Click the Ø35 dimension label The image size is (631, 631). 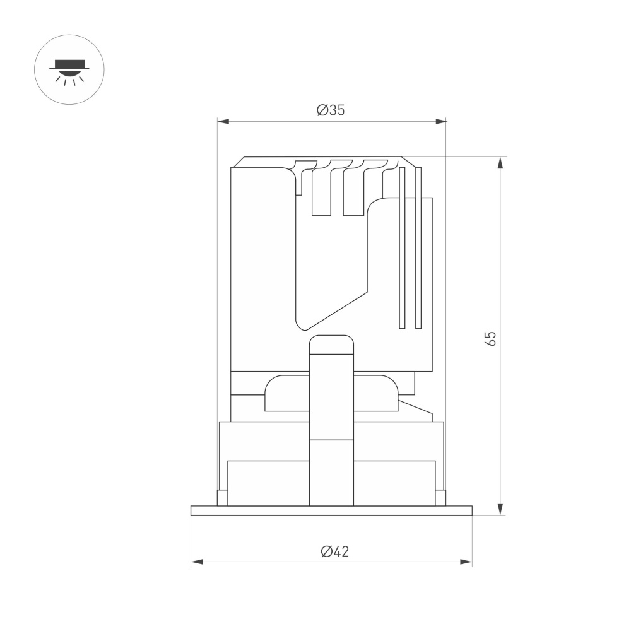(x=331, y=110)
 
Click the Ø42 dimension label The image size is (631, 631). (x=335, y=551)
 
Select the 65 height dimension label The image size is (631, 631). (x=490, y=338)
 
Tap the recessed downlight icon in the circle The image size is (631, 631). (x=69, y=73)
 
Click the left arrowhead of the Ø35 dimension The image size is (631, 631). (x=223, y=122)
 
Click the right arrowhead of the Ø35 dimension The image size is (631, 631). (x=440, y=122)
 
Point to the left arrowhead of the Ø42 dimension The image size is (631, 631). (x=197, y=562)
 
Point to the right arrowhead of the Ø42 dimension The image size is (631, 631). (x=466, y=562)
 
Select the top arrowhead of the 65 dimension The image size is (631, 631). (x=500, y=163)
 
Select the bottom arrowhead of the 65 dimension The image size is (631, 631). (x=500, y=509)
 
